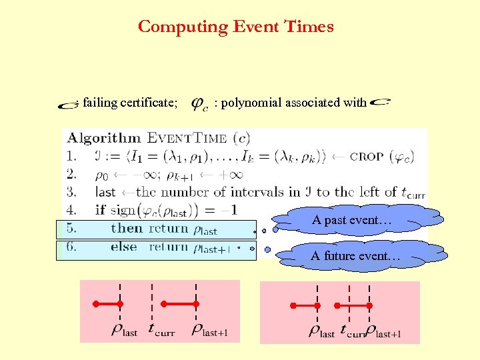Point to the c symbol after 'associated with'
point(381,102)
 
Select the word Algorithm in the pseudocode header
point(103,139)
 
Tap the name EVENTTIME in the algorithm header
point(187,139)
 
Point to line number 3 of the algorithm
point(71,192)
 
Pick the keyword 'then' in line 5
point(127,228)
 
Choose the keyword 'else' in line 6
point(125,247)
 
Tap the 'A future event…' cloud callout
point(356,256)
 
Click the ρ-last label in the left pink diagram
point(123,330)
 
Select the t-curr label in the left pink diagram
point(161,330)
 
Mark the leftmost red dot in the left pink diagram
point(96,304)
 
